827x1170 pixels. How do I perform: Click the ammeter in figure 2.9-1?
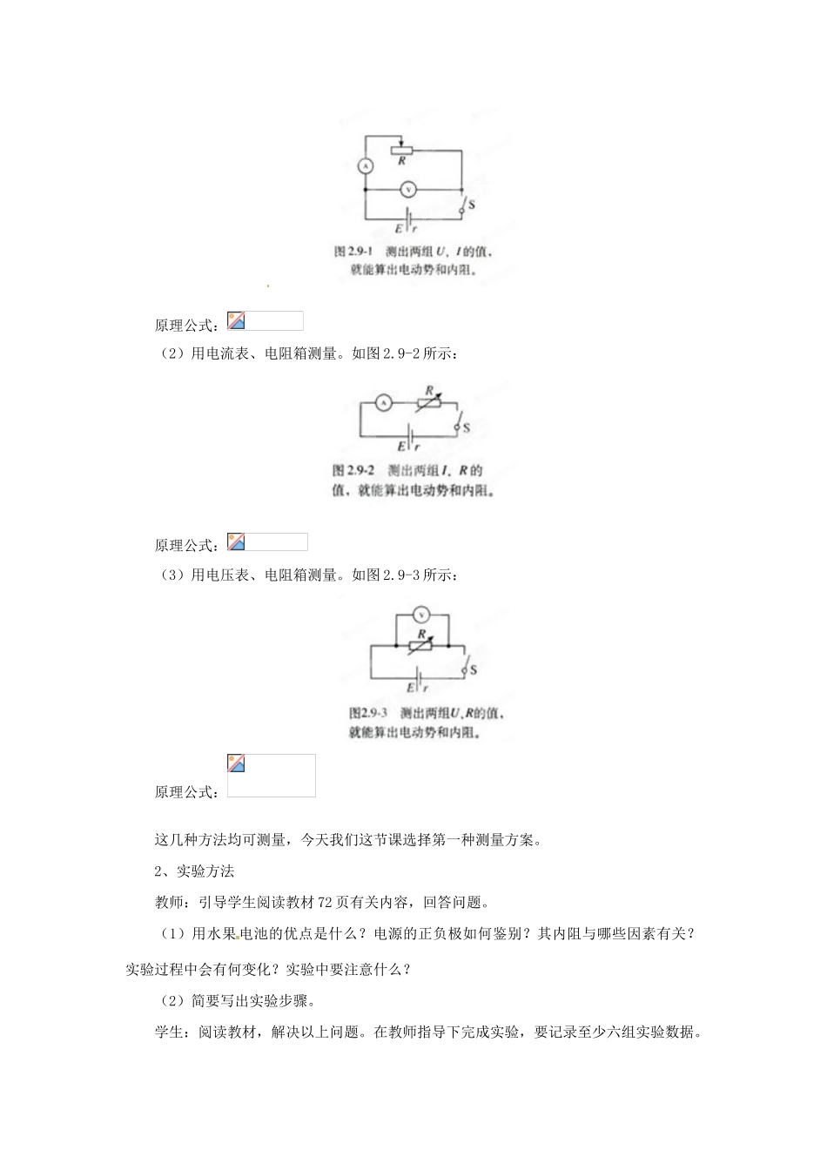tap(366, 165)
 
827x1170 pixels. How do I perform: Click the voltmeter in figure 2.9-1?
tap(407, 189)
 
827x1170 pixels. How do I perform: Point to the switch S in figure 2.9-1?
tap(463, 205)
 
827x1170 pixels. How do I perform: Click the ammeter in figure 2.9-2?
tap(380, 402)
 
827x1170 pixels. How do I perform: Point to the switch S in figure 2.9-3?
tap(465, 669)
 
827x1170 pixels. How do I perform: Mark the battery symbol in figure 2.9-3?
tap(420, 676)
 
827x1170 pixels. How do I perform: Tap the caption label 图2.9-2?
tap(352, 471)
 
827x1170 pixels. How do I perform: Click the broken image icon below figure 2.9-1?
tap(236, 320)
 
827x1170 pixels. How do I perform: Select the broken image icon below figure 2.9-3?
tap(236, 763)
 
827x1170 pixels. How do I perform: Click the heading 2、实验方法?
tap(194, 871)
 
